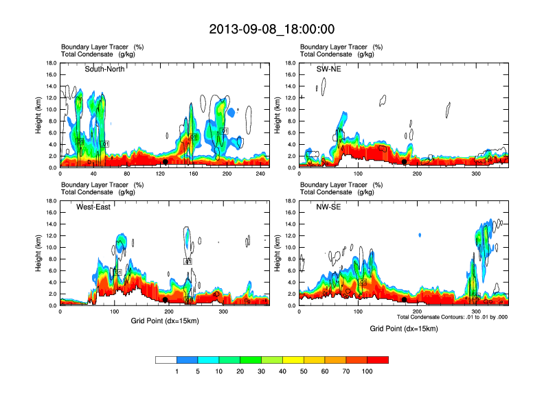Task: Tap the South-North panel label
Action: pos(105,69)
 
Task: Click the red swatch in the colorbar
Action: pos(378,360)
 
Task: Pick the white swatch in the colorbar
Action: pos(166,360)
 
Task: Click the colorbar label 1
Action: pos(177,371)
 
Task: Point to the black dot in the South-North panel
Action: pos(165,162)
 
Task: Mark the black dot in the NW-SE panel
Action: pos(404,300)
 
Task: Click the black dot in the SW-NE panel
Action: pos(404,162)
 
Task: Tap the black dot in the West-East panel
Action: pos(165,300)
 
